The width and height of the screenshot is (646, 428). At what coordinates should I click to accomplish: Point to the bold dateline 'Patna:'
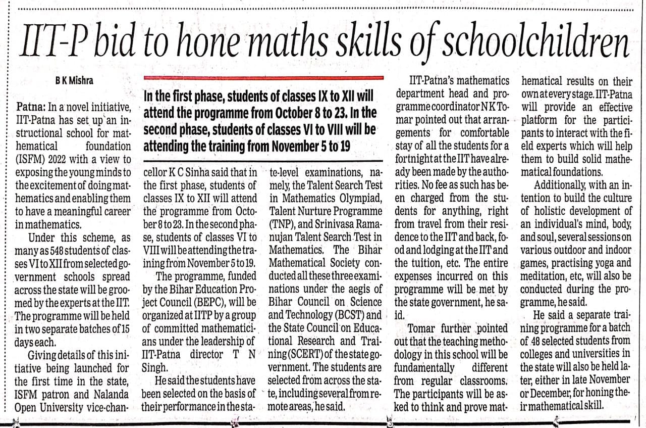pos(31,108)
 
